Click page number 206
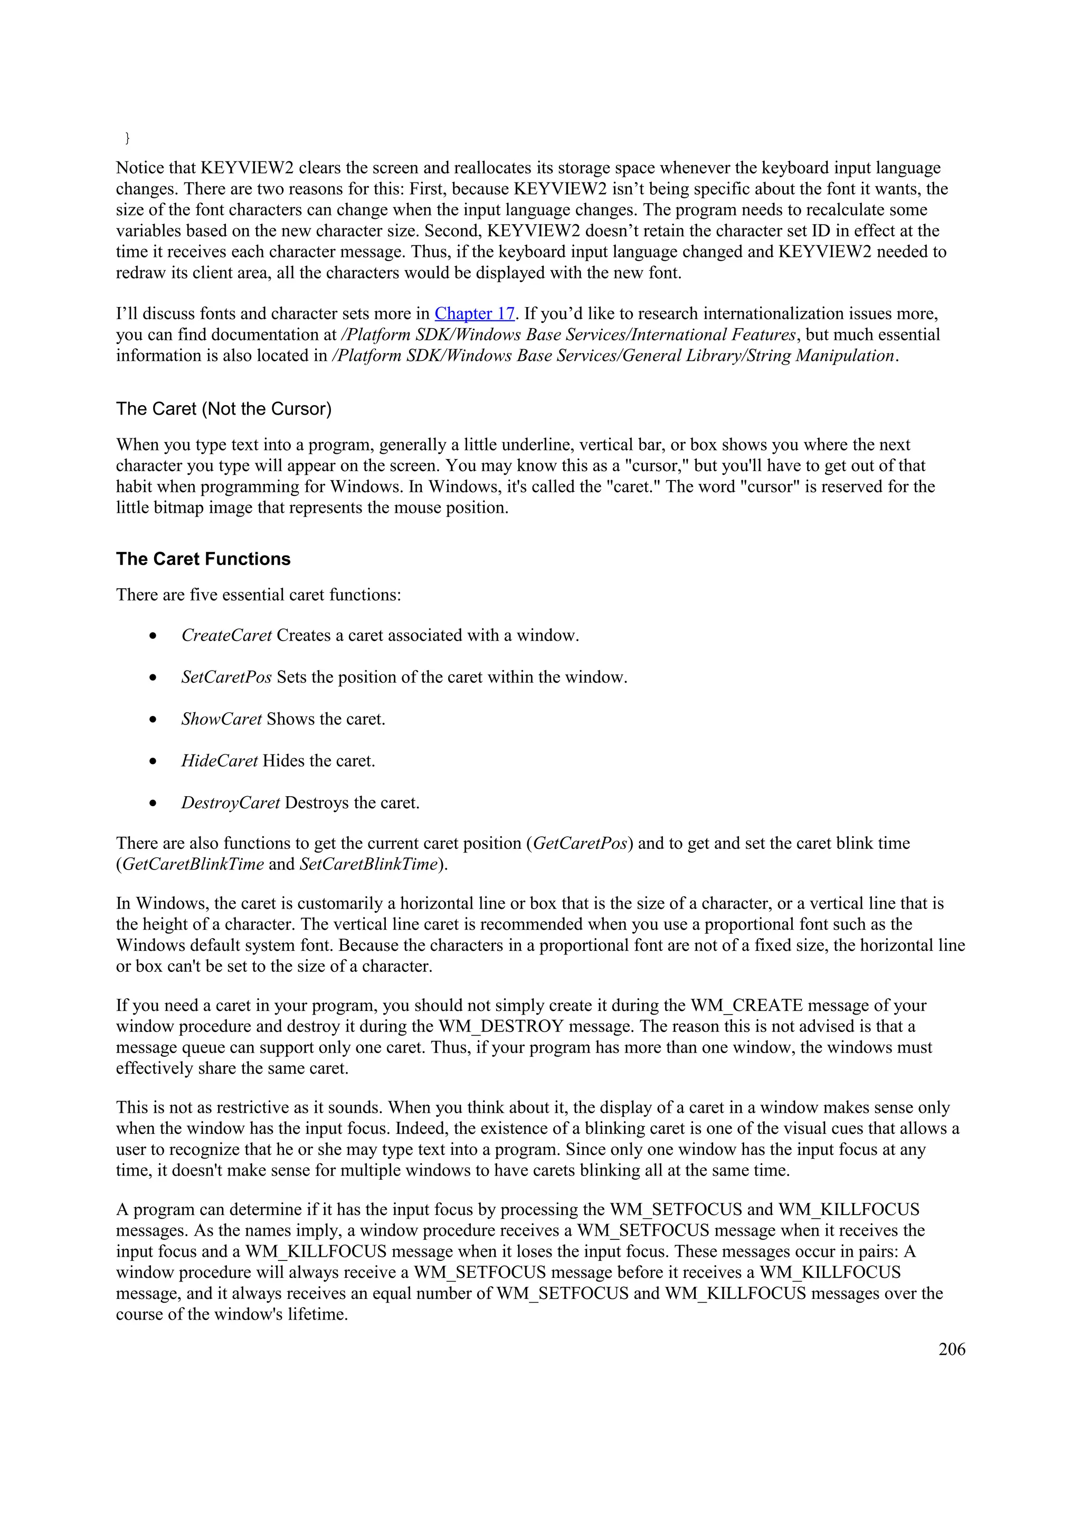point(951,1349)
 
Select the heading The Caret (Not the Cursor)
point(224,408)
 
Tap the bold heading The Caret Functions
point(203,559)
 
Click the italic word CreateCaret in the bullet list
point(226,635)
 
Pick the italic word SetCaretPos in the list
point(226,677)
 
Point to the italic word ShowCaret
point(221,719)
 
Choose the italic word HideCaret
point(219,760)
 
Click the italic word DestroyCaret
point(231,802)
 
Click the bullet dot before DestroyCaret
point(153,803)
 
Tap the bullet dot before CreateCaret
point(153,636)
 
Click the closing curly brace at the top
point(127,138)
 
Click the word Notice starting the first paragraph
point(140,168)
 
